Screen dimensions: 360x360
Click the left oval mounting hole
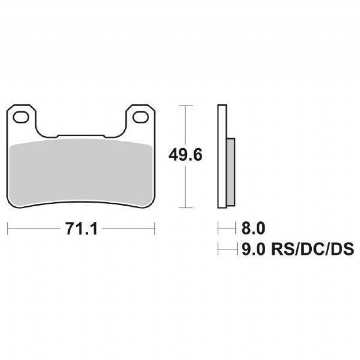click(21, 117)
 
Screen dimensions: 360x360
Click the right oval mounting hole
click(140, 117)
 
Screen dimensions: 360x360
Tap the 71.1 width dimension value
click(81, 229)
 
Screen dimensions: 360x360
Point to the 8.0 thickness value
click(253, 228)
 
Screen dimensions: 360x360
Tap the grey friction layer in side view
click(231, 172)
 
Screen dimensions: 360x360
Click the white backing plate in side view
click(222, 156)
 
